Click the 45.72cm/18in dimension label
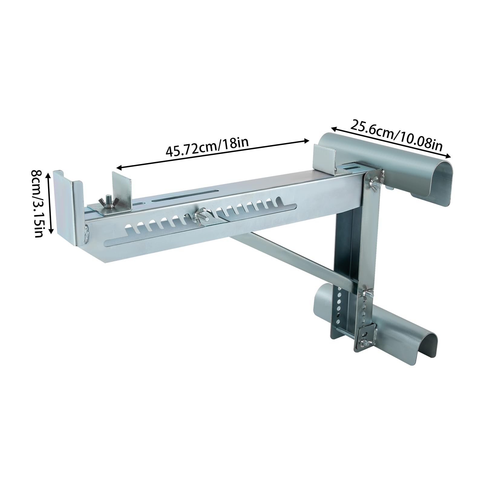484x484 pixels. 207,146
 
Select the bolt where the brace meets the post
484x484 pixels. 368,293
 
